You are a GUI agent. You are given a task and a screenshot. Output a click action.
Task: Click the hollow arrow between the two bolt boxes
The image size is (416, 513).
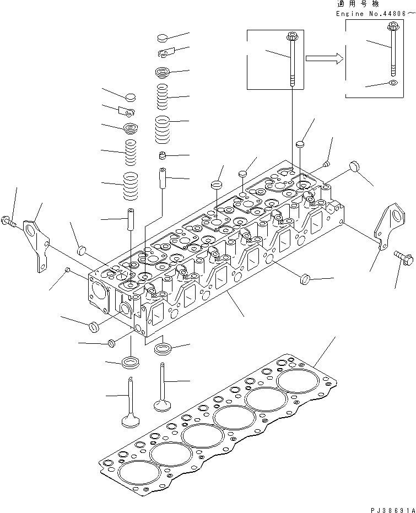tap(325, 59)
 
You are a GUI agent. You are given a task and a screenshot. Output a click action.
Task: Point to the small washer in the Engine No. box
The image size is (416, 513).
tap(392, 83)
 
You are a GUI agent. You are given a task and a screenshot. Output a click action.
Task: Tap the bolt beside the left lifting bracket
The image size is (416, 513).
tap(11, 221)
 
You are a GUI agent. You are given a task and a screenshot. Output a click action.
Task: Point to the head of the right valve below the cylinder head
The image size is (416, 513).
tap(161, 404)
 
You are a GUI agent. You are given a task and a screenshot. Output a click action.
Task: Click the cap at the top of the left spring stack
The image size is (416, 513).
tap(130, 97)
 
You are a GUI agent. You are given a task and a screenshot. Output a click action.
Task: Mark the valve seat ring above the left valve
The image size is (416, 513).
tap(130, 362)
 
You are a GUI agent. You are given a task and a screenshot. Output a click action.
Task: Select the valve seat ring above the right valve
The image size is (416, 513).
tap(164, 348)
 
